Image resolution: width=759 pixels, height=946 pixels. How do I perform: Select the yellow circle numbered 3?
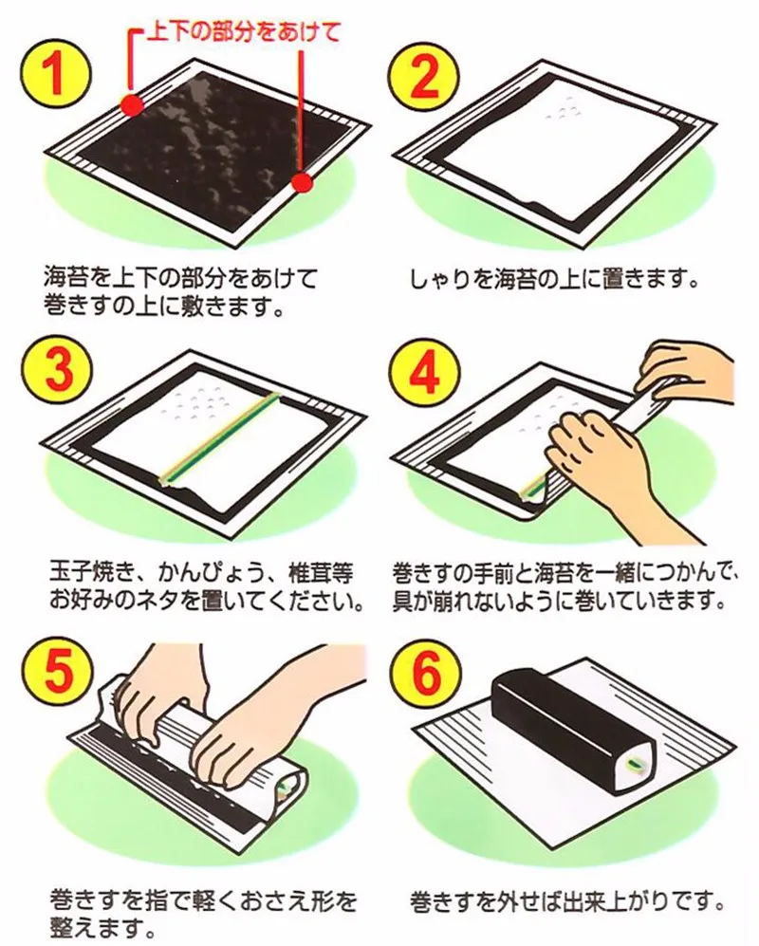pyautogui.click(x=57, y=370)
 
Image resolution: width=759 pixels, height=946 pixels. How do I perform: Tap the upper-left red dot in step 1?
pyautogui.click(x=132, y=105)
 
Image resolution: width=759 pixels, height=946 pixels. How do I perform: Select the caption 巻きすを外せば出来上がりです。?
pyautogui.click(x=565, y=902)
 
